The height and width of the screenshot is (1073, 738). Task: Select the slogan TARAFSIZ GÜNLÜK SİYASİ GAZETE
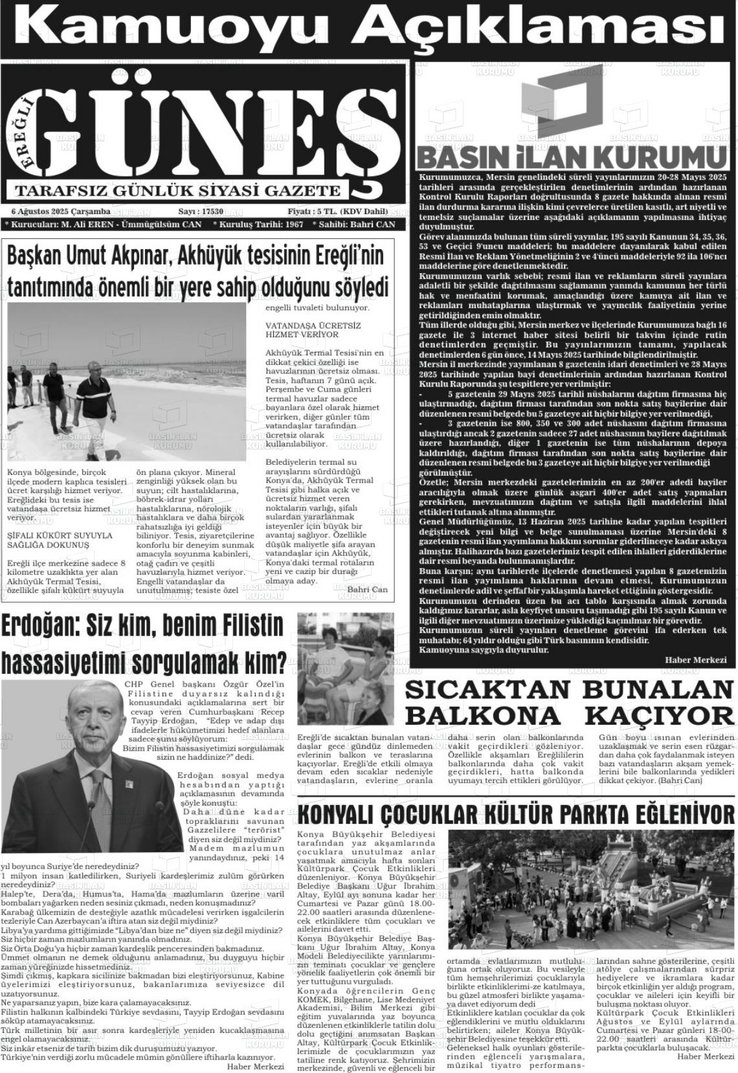point(178,191)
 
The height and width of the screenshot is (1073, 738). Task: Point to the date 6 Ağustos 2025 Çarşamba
point(61,212)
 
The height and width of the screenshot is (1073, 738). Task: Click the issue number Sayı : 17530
point(201,212)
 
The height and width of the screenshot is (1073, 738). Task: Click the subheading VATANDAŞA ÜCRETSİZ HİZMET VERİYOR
point(313,330)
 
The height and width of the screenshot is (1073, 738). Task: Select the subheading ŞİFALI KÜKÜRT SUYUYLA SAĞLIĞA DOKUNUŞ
point(60,540)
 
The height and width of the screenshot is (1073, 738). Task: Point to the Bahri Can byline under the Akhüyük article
point(367,590)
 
